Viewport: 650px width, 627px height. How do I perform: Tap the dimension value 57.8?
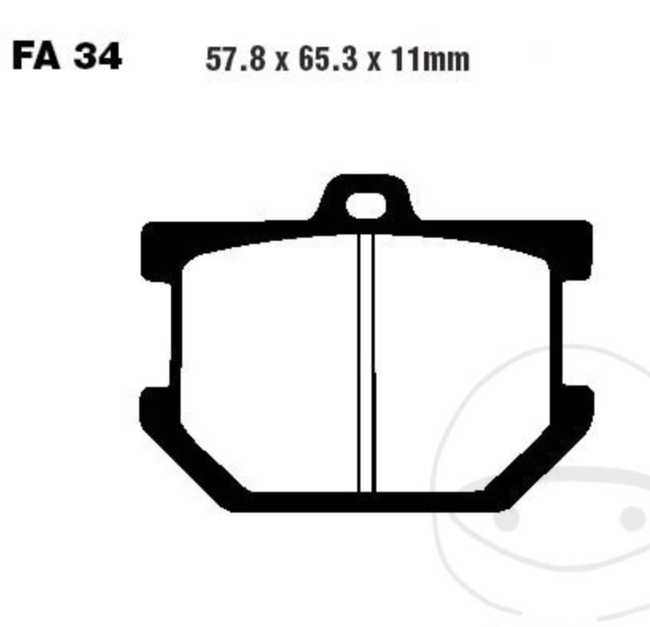point(236,60)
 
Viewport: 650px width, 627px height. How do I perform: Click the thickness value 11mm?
point(429,60)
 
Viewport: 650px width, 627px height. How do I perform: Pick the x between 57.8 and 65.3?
point(282,61)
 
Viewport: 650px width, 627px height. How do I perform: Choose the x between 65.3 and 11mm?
point(375,61)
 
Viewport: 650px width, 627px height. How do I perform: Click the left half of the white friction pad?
point(267,358)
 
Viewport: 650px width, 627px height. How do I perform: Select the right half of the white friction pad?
point(465,358)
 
